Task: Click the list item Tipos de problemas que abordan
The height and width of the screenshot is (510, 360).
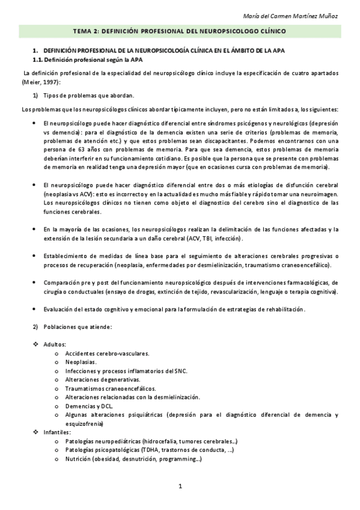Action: [89, 96]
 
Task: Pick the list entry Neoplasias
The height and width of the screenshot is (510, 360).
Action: [81, 362]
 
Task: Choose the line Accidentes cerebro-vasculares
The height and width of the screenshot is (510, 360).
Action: [107, 353]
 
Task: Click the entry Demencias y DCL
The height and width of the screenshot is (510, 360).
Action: [89, 406]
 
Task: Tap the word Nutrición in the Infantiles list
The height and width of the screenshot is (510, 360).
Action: [78, 459]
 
